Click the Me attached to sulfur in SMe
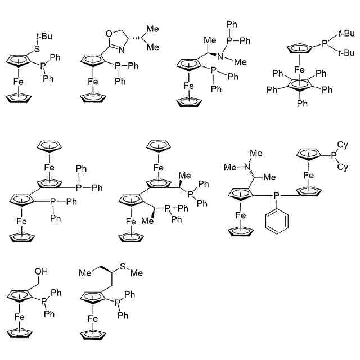(136, 272)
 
